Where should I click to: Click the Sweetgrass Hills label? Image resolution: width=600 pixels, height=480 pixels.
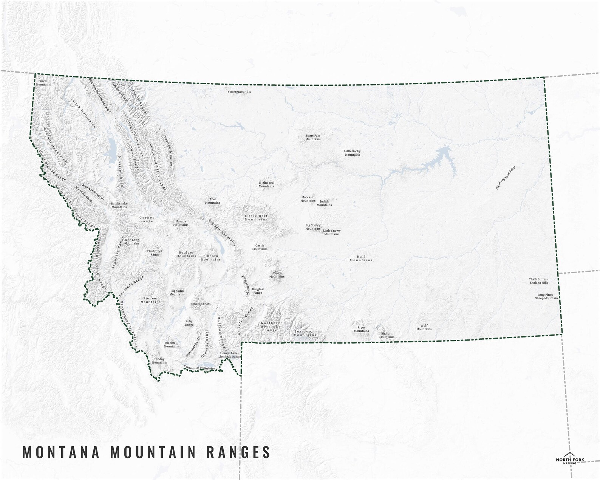[x=239, y=92]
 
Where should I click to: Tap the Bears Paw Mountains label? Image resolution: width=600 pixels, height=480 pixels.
[x=313, y=137]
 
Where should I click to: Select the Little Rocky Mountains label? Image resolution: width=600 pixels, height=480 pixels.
[x=352, y=153]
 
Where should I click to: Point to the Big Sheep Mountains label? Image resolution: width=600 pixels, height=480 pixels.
[x=505, y=178]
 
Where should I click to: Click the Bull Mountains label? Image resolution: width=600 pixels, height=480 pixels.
[x=361, y=258]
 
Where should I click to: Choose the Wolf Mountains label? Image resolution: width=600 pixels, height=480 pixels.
[x=424, y=327]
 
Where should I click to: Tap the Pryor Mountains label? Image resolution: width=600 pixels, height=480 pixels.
[x=361, y=329]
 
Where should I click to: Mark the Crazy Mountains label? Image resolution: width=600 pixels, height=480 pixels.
[x=277, y=275]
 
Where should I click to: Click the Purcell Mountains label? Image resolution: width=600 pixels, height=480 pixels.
[x=43, y=82]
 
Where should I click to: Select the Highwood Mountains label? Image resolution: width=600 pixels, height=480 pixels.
[x=266, y=184]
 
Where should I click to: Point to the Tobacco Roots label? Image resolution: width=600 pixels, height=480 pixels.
[x=201, y=304]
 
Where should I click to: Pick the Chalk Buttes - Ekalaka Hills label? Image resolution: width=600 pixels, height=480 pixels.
[x=538, y=281]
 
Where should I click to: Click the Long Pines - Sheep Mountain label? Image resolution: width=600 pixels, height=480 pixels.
[x=546, y=296]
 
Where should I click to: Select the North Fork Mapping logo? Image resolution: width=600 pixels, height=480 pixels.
[x=570, y=458]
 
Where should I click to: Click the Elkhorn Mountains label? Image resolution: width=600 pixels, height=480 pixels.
[x=210, y=258]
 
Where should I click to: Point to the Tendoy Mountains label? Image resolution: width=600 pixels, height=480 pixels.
[x=159, y=361]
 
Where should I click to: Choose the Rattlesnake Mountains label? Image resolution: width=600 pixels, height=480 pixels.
[x=119, y=205]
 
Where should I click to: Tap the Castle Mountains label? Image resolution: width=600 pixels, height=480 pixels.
[x=260, y=247]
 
